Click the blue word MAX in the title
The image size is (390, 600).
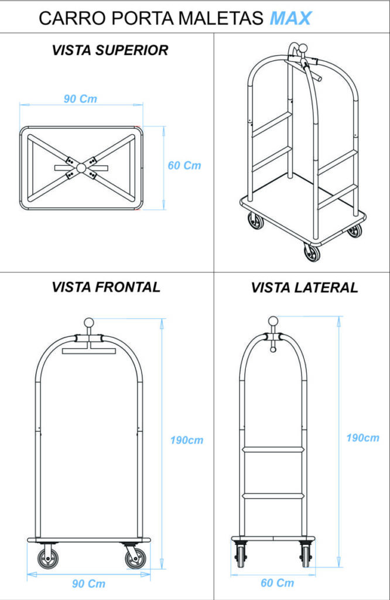pos(290,19)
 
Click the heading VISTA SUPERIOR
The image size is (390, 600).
pos(110,50)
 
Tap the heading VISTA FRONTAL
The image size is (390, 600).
pos(105,287)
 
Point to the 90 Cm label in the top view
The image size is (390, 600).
pos(80,98)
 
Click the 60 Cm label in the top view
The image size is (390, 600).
pos(184,165)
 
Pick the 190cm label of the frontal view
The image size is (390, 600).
pos(187,440)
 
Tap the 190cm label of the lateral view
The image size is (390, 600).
pos(362,438)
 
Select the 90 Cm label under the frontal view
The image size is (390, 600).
pos(88,584)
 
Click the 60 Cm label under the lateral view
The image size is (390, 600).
pos(277,582)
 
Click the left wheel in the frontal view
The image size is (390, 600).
pos(48,558)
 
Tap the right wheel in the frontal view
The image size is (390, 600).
pos(136,558)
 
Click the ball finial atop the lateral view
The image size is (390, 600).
pos(273,321)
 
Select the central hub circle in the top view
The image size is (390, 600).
pos(81,167)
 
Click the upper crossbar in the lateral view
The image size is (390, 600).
pos(273,451)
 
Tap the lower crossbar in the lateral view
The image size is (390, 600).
pos(273,496)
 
